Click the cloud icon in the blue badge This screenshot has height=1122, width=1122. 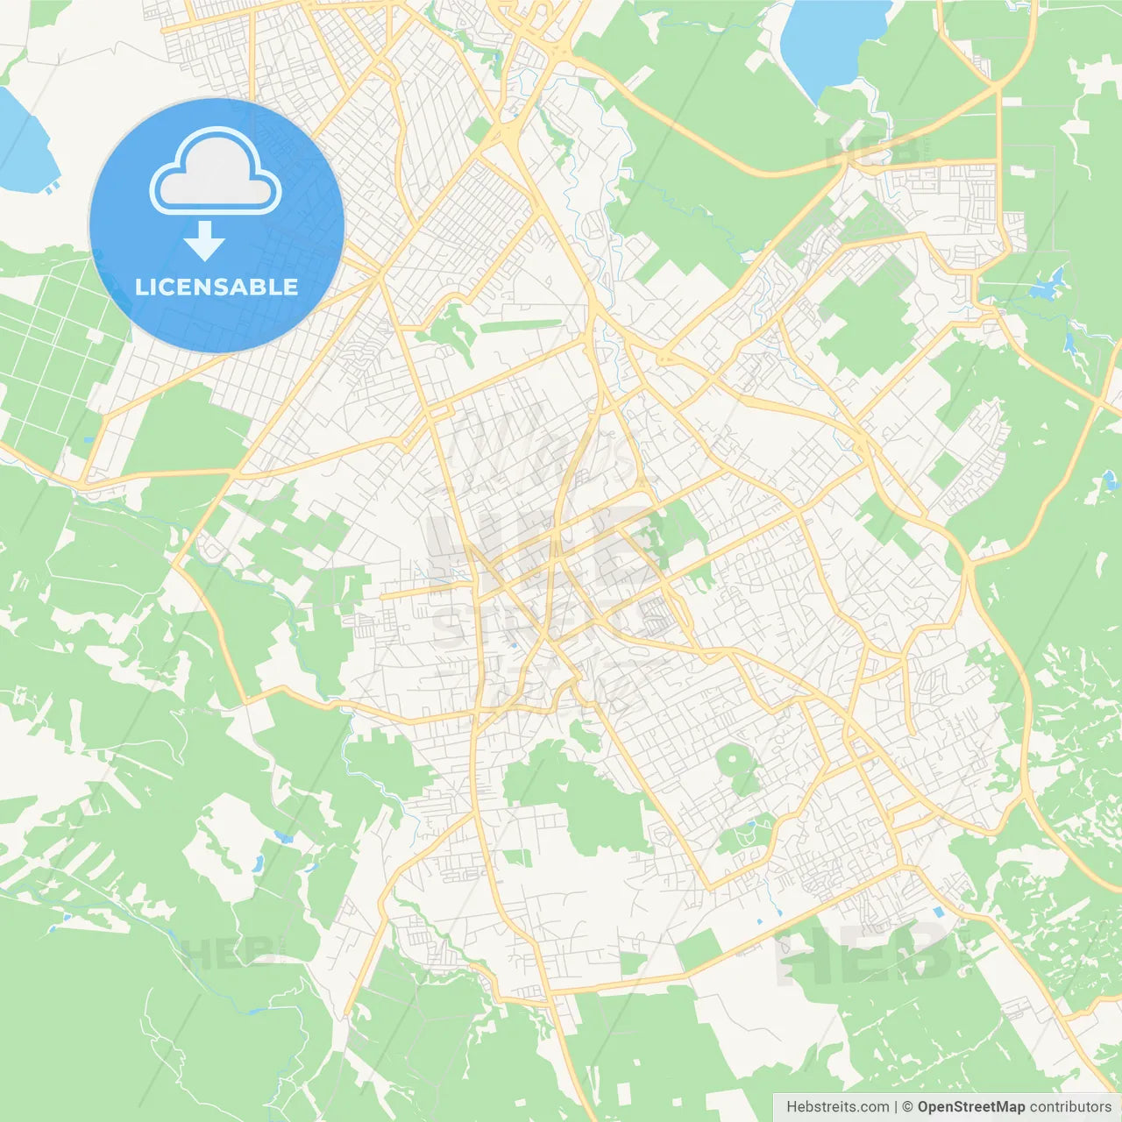pos(216,172)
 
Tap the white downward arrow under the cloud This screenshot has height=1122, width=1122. pos(205,241)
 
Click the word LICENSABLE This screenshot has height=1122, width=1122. pos(217,287)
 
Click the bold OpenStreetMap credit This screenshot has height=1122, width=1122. pos(970,1107)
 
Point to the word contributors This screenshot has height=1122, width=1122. pos(1070,1107)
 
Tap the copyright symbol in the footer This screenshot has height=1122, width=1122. pos(907,1107)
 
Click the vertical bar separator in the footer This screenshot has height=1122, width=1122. pos(896,1107)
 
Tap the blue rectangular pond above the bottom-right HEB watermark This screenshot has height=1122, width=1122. pos(940,913)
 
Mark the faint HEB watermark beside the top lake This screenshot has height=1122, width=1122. pos(872,151)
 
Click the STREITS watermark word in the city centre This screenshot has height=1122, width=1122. pos(548,624)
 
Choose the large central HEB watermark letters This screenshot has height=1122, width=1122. pos(539,548)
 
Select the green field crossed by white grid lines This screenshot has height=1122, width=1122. pos(53,351)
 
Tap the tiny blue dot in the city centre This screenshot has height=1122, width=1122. pos(512,646)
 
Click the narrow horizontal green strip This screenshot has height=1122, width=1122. pos(521,326)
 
